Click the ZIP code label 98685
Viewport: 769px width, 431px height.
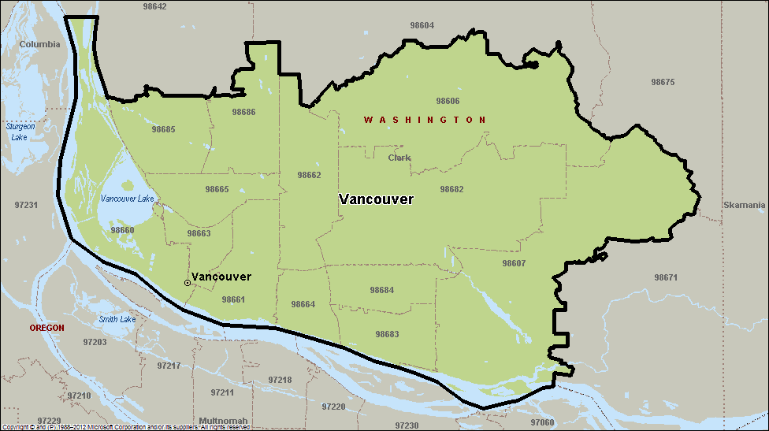point(163,129)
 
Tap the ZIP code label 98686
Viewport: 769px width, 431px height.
point(243,112)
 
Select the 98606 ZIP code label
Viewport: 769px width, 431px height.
point(448,101)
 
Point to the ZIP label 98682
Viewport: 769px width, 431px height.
point(451,189)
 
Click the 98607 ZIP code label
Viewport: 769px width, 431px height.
point(513,263)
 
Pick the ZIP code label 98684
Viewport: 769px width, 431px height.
point(381,290)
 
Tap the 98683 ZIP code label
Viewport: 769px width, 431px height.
point(387,334)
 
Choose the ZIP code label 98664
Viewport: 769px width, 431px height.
point(303,304)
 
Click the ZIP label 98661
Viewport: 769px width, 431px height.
point(233,299)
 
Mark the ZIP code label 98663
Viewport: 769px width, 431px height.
point(199,233)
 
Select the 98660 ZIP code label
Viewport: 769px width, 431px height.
point(122,230)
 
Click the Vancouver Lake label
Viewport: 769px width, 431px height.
point(127,199)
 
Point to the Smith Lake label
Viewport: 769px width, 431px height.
point(117,319)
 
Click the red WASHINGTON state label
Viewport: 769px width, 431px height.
point(425,120)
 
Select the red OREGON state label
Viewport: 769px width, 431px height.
point(46,327)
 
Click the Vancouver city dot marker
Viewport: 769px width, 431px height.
point(187,282)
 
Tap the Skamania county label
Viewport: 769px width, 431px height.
point(744,205)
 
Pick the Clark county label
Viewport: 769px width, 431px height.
point(399,158)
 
